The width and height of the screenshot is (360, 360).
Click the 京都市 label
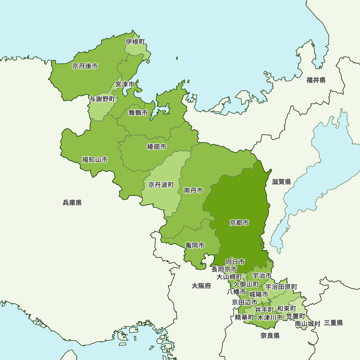239,223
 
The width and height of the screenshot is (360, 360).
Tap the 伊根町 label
135,42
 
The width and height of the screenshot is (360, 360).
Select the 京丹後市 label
85,66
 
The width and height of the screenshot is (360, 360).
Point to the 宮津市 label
125,84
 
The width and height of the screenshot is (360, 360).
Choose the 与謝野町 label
102,99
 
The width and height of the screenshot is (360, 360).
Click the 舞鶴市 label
138,113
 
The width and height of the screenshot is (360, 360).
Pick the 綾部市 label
157,147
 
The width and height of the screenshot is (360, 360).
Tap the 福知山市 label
95,159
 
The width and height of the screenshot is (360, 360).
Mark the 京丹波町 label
161,185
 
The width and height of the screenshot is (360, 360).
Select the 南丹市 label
193,190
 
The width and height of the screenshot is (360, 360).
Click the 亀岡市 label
195,246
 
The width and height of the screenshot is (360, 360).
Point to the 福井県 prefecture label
316,80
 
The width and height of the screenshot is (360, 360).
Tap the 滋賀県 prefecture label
281,182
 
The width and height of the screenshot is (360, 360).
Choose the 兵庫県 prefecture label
72,203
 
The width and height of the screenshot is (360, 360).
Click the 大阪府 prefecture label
201,286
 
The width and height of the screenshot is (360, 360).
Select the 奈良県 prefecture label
270,336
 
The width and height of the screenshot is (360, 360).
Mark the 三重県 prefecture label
333,323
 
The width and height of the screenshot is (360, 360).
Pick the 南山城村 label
307,324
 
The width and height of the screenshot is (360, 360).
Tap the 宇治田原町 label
281,287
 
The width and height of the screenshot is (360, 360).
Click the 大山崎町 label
229,277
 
